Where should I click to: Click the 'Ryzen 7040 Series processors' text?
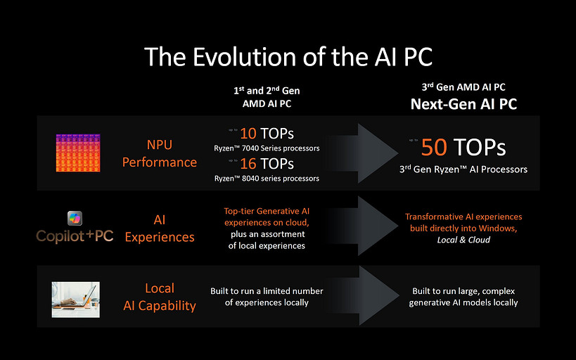click(267, 148)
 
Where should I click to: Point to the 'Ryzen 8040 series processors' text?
click(267, 179)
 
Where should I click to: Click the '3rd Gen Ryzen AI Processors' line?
click(463, 169)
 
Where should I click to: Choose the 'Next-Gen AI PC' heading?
click(463, 104)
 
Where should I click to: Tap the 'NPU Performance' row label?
click(160, 153)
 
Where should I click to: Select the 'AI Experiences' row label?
click(160, 229)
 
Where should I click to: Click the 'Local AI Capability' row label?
click(160, 297)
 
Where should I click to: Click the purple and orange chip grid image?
click(77, 153)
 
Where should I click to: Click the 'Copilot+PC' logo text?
click(75, 236)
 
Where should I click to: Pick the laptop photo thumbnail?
click(75, 300)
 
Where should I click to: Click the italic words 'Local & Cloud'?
click(463, 240)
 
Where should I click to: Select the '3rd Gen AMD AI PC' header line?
click(463, 88)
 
